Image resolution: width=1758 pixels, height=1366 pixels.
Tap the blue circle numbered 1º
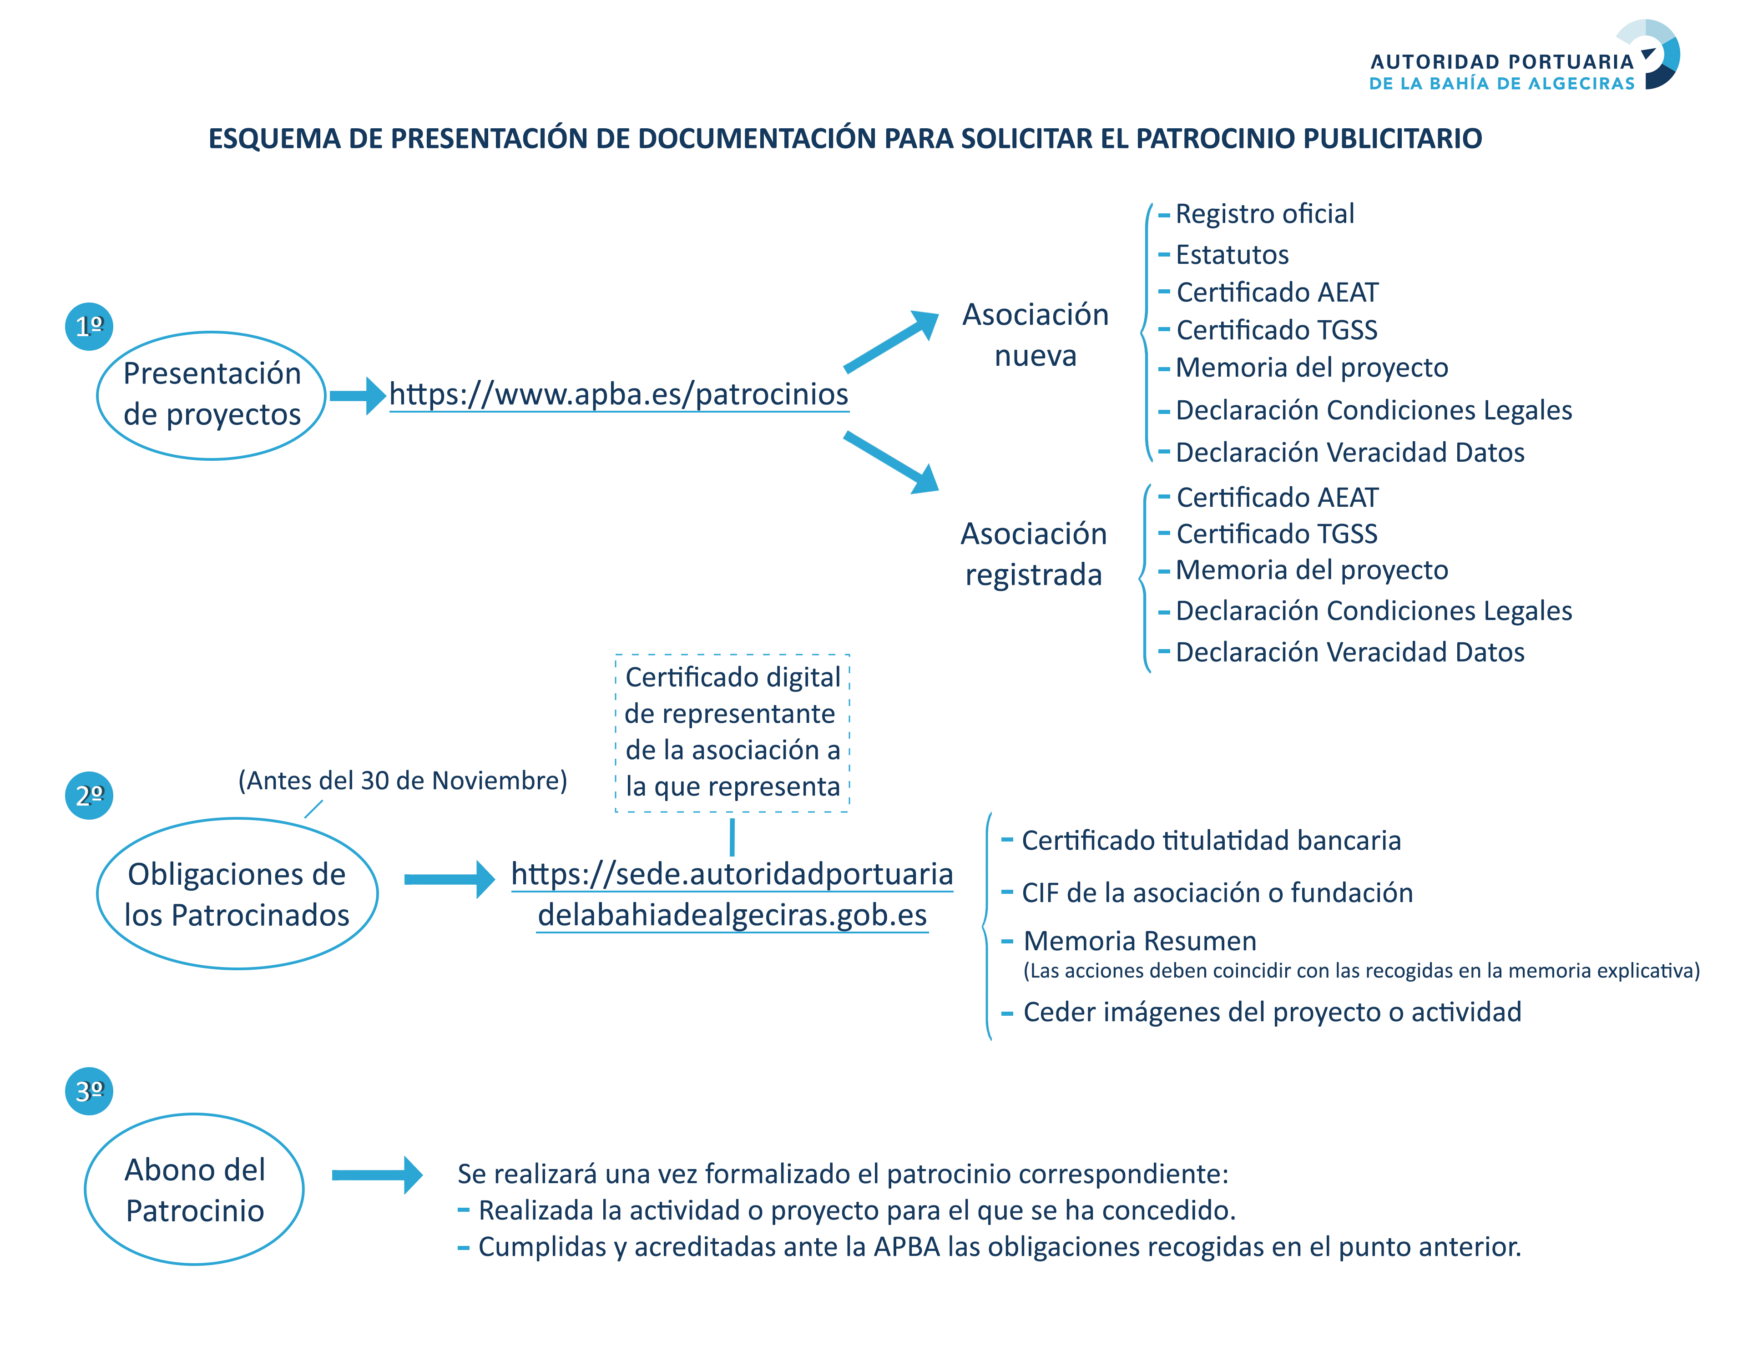pos(89,326)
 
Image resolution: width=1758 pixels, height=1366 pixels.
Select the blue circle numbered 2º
pos(89,795)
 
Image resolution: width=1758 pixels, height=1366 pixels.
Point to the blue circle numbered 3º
pos(89,1091)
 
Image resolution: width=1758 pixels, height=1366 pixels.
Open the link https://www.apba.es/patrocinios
pos(618,394)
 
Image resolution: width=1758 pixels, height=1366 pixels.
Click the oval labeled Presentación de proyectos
pos(211,395)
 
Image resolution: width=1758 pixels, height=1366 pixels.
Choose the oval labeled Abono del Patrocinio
pos(194,1189)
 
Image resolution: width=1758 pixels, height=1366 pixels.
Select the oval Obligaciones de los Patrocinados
pos(237,893)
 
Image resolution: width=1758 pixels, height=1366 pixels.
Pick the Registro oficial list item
pos(1264,214)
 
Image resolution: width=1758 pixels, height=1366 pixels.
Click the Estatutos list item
pos(1232,254)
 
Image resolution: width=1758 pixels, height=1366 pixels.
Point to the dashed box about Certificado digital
pos(732,732)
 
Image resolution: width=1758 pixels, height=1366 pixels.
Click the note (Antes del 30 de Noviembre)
pos(403,780)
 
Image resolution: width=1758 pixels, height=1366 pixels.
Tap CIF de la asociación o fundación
pos(1216,892)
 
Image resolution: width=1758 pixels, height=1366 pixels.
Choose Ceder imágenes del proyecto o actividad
pos(1272,1012)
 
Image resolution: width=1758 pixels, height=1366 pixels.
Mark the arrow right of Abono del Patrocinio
pos(377,1175)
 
